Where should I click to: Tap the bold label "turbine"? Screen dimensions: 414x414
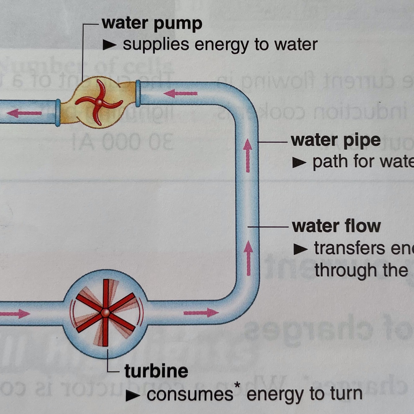[156, 371]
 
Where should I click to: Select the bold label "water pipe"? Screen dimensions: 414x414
[335, 141]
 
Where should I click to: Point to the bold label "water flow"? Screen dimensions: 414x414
[336, 226]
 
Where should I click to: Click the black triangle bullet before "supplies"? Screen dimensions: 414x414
[109, 45]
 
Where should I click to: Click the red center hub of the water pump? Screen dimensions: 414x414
[99, 102]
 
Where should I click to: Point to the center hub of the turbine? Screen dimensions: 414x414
[106, 312]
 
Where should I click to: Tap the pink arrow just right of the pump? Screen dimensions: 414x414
[181, 93]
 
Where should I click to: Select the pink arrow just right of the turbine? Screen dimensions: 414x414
[201, 313]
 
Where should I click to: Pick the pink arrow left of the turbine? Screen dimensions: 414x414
[16, 314]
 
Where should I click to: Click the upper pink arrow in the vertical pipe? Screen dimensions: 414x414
[248, 155]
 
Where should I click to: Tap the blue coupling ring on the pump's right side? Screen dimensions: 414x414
[138, 93]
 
